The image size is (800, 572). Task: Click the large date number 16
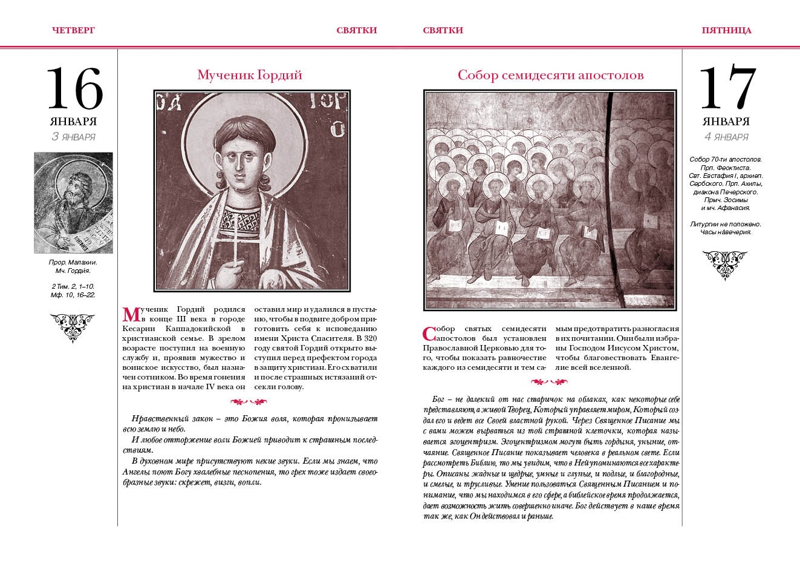point(74,88)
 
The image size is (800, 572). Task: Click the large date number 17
point(727,88)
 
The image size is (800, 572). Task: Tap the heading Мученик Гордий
point(249,75)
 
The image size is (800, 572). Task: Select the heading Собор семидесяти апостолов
point(550,75)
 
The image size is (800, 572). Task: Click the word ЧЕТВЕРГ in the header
point(74,30)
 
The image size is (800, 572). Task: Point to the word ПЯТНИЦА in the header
point(726,30)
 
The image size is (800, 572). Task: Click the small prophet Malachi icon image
point(73,203)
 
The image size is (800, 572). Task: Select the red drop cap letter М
point(131,315)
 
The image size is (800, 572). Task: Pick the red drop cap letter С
point(429,334)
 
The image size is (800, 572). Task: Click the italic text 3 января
point(74,137)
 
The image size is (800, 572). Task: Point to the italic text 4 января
point(726,137)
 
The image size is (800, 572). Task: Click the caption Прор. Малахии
point(73,262)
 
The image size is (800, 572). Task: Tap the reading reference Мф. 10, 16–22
point(73,295)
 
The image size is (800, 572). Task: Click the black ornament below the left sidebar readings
point(73,326)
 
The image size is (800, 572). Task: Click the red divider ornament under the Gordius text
point(249,401)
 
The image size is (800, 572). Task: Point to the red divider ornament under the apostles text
point(549,382)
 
